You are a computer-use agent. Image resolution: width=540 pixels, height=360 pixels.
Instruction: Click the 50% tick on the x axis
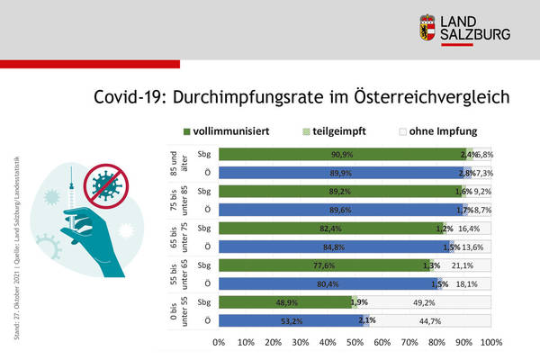click(355, 343)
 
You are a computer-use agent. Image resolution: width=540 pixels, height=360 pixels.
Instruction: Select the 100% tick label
click(490, 343)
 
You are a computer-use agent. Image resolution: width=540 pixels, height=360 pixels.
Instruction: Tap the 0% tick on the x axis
click(218, 343)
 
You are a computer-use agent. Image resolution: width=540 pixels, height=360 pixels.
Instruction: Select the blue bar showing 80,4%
click(297, 284)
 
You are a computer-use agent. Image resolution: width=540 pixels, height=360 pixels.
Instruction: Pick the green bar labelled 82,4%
click(297, 229)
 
